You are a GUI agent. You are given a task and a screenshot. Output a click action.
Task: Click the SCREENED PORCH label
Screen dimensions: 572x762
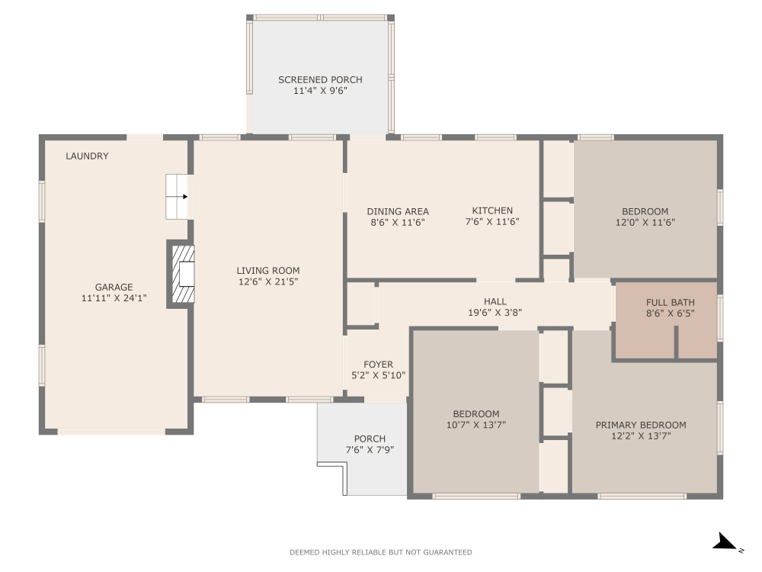click(320, 79)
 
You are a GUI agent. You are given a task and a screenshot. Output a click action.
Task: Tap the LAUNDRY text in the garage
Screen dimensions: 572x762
click(87, 156)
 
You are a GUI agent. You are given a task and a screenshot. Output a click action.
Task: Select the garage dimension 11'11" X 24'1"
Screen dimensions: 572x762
click(114, 298)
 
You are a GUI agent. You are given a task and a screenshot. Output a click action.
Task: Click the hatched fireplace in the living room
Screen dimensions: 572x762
click(181, 274)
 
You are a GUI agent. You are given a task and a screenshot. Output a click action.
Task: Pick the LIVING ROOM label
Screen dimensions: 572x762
click(267, 270)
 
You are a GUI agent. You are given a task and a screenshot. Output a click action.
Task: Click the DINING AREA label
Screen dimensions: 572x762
click(397, 211)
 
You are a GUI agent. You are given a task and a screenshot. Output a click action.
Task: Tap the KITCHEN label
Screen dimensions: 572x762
click(492, 210)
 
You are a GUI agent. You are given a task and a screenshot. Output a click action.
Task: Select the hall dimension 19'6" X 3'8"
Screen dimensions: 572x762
click(495, 312)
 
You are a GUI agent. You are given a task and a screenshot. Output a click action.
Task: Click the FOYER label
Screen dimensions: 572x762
click(378, 365)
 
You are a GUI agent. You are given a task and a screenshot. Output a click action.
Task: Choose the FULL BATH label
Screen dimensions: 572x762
click(670, 302)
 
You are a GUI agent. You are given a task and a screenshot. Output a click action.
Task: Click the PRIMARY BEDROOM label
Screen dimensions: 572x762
click(640, 425)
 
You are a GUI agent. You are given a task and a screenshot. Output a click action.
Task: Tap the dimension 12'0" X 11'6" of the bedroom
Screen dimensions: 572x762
click(645, 223)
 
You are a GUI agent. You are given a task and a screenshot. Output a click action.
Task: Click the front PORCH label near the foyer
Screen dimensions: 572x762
click(370, 439)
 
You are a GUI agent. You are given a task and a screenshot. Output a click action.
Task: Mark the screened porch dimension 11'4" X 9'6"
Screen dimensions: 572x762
click(320, 91)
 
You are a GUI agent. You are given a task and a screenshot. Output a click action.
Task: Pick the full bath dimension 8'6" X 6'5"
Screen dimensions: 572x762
click(670, 313)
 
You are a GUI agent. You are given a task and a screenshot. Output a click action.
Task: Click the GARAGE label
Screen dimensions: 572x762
click(114, 288)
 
